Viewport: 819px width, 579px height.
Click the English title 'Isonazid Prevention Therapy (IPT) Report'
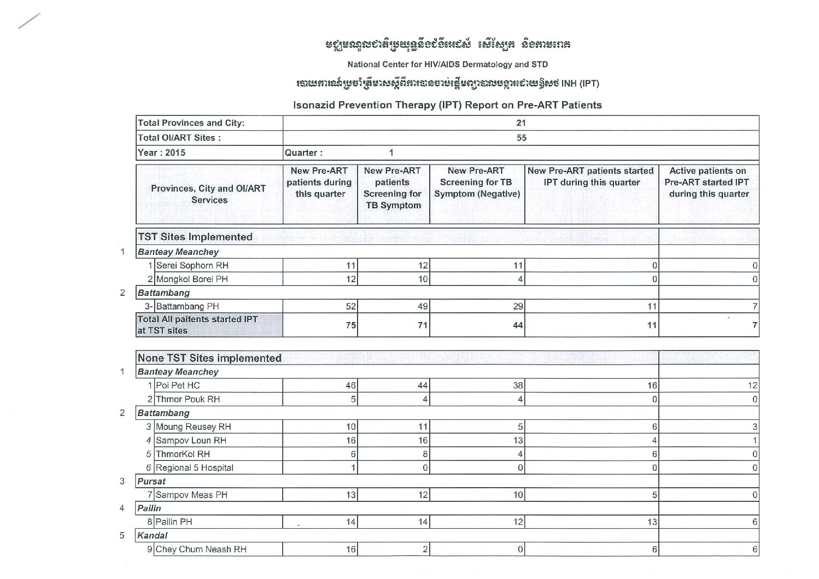(x=447, y=105)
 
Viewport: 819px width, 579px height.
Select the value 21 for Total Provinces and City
(x=521, y=123)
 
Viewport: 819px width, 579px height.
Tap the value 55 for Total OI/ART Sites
(x=521, y=138)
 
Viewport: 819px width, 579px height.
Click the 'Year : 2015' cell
(x=162, y=153)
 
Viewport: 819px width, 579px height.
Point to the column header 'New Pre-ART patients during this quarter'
(x=320, y=182)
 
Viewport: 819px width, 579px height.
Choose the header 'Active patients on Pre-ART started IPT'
(x=708, y=182)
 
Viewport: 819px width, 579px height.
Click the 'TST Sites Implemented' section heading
(x=195, y=237)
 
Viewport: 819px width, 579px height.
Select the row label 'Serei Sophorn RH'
(x=192, y=266)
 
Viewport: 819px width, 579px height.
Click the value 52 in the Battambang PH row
(x=350, y=307)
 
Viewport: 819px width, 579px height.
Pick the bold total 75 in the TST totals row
(x=350, y=325)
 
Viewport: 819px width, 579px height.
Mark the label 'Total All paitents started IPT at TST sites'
(x=197, y=325)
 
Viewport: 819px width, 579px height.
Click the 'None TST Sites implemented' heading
(x=209, y=358)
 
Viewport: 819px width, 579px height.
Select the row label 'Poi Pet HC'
(x=178, y=385)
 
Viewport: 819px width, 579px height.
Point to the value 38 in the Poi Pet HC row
(x=518, y=385)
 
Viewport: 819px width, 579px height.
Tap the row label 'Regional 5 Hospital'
(x=195, y=468)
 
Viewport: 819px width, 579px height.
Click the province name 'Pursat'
(x=151, y=482)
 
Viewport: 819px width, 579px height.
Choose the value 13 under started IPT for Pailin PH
(x=652, y=522)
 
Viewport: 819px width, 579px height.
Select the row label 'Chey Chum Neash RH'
(x=201, y=549)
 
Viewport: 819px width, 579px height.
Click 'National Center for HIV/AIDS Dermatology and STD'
(x=447, y=65)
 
